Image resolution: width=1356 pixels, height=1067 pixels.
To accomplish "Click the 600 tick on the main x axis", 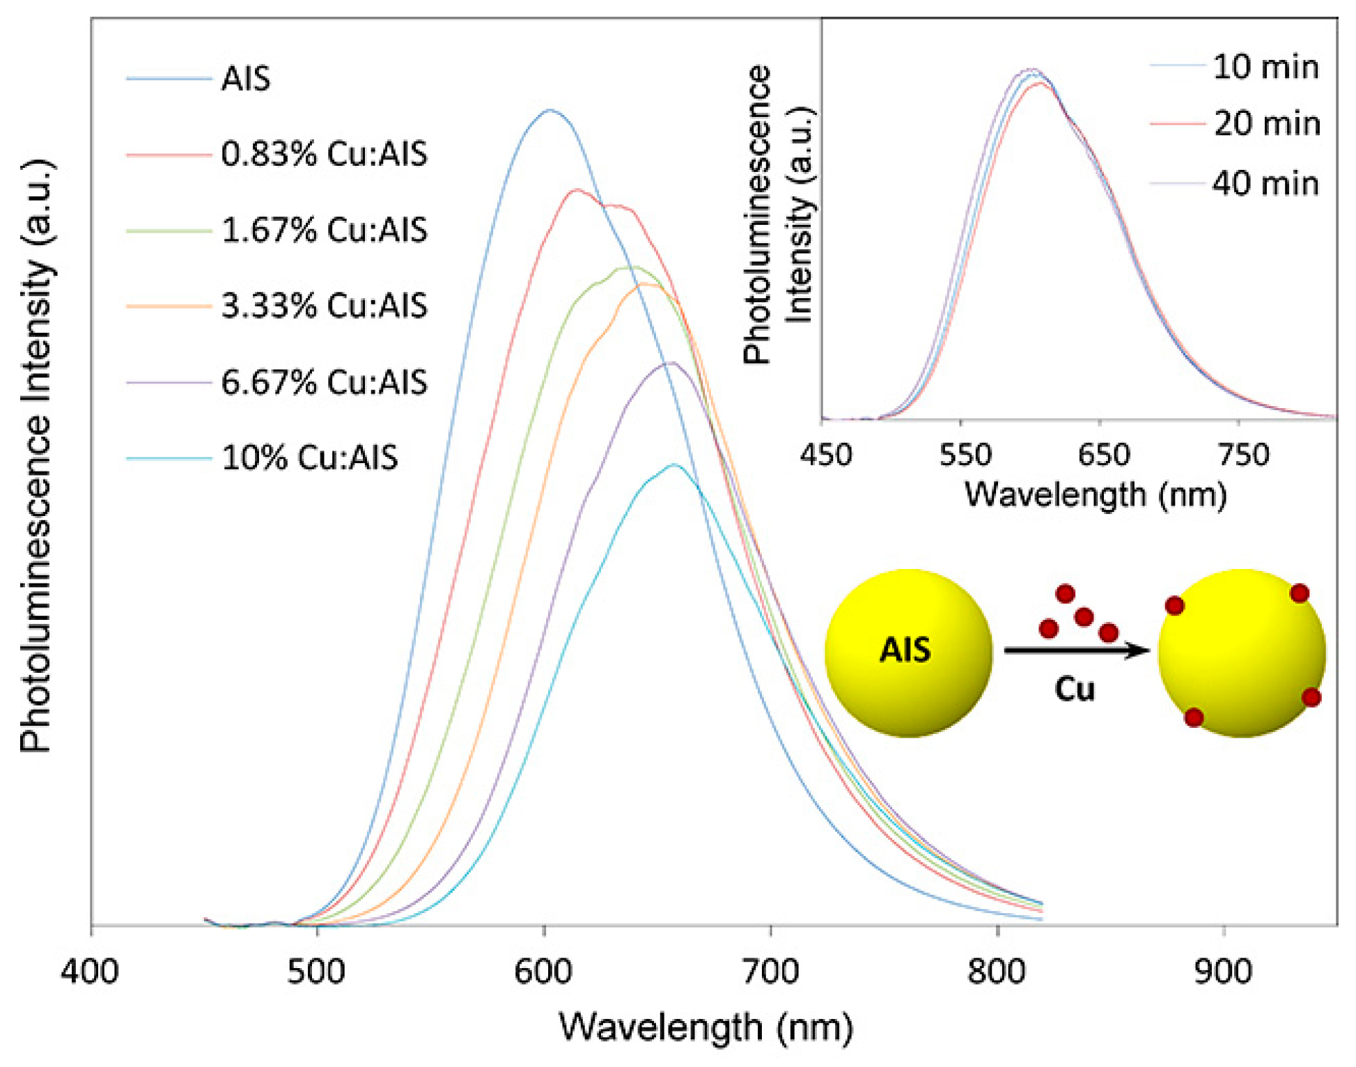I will click(x=543, y=971).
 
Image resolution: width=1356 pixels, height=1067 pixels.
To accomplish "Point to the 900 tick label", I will click(x=1224, y=971).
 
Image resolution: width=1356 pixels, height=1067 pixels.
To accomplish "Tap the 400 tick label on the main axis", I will click(x=90, y=971).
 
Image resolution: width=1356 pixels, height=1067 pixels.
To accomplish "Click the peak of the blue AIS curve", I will click(x=550, y=110).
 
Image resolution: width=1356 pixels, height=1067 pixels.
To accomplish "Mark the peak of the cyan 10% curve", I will click(x=673, y=465).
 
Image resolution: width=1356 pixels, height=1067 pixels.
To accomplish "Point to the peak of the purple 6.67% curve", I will click(x=670, y=362).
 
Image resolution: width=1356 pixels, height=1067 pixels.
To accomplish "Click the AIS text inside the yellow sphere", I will click(x=905, y=650).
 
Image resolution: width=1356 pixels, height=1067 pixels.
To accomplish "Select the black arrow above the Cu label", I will click(x=1076, y=651).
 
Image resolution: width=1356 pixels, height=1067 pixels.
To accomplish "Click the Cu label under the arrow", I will click(x=1074, y=689).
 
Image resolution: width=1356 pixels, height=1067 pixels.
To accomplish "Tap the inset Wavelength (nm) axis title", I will click(x=1095, y=495).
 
